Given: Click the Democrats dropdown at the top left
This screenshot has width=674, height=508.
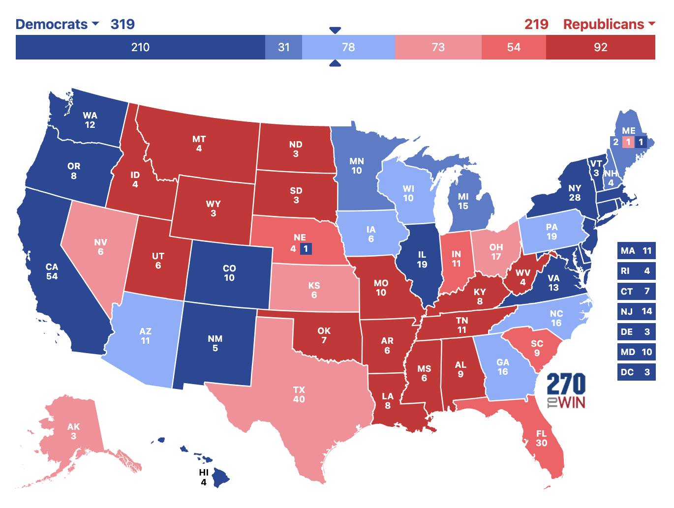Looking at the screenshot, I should click(57, 24).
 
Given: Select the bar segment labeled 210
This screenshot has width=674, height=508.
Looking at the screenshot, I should click(140, 47).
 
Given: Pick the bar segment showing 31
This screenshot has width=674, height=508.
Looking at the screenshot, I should click(283, 47).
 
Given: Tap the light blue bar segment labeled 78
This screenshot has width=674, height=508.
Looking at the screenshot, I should click(348, 47).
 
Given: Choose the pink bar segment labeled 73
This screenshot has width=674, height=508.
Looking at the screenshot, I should click(438, 47).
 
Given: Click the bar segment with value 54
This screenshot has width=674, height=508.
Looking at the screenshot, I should click(514, 47).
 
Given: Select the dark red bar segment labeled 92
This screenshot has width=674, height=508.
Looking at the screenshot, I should click(600, 47).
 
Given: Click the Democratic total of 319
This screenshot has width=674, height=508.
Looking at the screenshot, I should click(123, 24).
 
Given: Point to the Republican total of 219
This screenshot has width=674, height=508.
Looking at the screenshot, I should click(536, 24).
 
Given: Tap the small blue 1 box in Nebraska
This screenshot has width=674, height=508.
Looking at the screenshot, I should click(306, 249).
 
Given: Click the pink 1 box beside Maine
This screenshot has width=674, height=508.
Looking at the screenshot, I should click(628, 143).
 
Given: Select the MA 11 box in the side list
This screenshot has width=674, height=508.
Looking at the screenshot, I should click(636, 251).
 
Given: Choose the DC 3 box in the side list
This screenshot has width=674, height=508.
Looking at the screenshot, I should click(636, 372).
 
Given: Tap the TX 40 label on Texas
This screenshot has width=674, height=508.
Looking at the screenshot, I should click(299, 394).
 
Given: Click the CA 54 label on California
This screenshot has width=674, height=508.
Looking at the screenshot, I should click(52, 271).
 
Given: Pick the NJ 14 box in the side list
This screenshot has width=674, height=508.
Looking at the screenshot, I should click(636, 311).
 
